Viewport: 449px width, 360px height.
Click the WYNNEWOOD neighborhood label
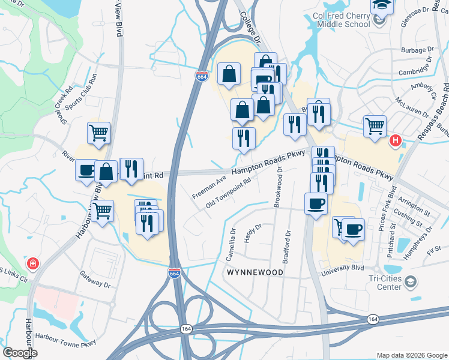click(254, 272)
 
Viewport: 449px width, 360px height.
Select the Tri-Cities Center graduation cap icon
click(411, 281)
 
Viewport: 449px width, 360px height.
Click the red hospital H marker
click(395, 141)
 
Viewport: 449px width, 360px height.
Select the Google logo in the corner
click(20, 353)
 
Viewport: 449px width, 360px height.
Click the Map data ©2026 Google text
click(411, 355)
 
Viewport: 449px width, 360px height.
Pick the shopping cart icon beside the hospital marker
click(375, 126)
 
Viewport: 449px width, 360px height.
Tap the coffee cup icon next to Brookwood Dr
click(316, 203)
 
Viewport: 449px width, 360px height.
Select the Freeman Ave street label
click(209, 187)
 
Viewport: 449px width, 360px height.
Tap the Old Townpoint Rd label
click(228, 192)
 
